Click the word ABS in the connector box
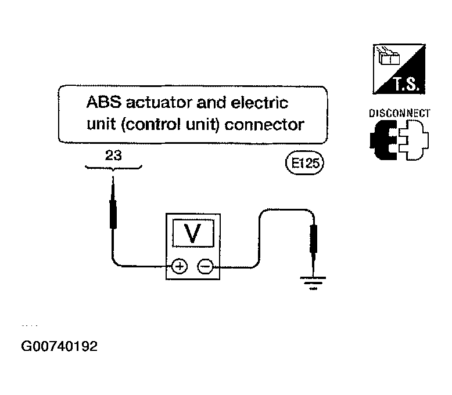104,102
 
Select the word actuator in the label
159,103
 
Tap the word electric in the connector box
260,103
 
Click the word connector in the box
264,125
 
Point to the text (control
150,125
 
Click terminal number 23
113,155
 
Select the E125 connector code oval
304,163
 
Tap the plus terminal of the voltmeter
180,266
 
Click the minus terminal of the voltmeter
205,266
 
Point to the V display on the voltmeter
193,233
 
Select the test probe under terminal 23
113,202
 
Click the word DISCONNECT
400,113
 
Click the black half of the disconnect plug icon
383,140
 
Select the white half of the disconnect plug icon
414,140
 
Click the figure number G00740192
59,346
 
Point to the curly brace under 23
113,168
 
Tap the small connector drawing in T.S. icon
389,56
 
